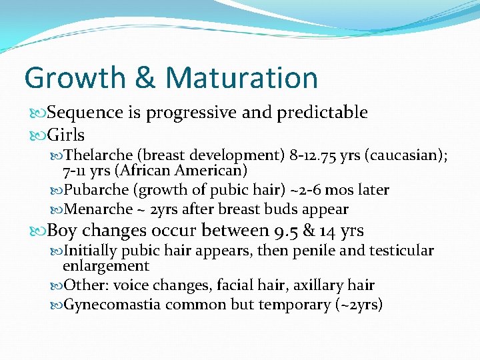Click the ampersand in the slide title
click(x=145, y=78)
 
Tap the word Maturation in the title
click(x=241, y=78)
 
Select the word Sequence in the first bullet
click(x=85, y=113)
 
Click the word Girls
click(x=66, y=135)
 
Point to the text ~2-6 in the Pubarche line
click(x=305, y=190)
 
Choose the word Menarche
click(x=99, y=209)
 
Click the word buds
click(x=282, y=209)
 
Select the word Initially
click(x=91, y=251)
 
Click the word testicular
click(x=403, y=251)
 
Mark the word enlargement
click(x=105, y=265)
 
